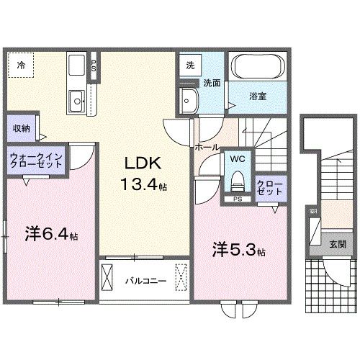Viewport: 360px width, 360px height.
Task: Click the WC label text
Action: point(238,159)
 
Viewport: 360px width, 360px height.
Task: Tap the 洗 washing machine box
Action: point(191,65)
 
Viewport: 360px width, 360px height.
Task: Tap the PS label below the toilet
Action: point(237,197)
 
